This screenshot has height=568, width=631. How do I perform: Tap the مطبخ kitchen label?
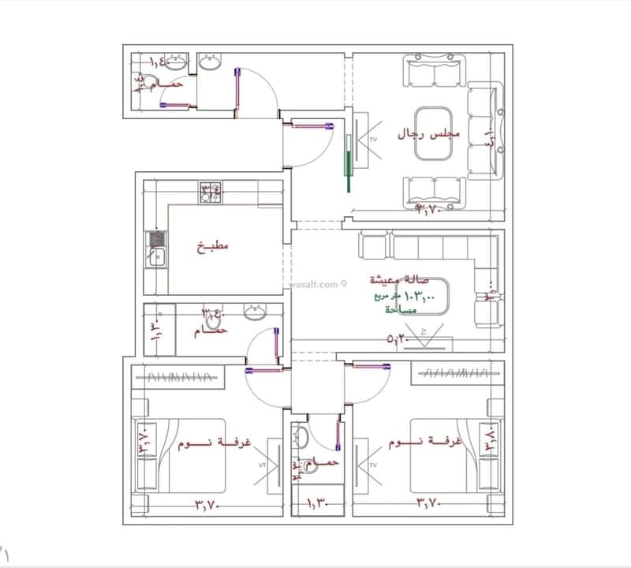[x=213, y=246]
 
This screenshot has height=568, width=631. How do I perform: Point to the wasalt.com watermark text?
[x=315, y=284]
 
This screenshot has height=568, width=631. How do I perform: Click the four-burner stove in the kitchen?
[x=210, y=192]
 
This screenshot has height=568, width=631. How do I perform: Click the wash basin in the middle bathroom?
[x=254, y=313]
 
